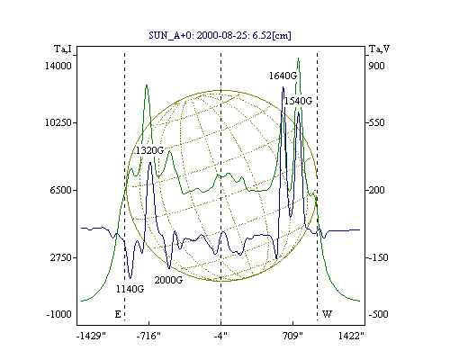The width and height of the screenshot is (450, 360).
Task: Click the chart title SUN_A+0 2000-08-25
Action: pos(220,35)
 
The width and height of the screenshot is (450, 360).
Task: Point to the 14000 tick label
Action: pos(58,66)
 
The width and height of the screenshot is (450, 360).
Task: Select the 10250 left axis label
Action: pos(58,122)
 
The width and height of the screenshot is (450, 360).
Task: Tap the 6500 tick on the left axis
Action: pos(61,190)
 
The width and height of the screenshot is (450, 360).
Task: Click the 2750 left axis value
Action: pos(61,257)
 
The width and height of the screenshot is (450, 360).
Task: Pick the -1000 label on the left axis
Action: pos(58,314)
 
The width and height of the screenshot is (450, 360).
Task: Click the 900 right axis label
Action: pos(376,66)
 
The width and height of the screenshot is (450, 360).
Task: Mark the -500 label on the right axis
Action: pos(378,314)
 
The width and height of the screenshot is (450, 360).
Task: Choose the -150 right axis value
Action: pos(378,257)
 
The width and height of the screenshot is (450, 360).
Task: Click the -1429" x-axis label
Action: pos(91,336)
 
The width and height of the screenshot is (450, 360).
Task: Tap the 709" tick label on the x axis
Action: pos(292,336)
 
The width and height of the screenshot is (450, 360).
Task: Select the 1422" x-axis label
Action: pos(351,336)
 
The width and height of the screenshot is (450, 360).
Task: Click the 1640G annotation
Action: pos(283,76)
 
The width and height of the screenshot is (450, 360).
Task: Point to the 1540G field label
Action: pos(298,101)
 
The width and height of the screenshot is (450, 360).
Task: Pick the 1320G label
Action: pos(149,150)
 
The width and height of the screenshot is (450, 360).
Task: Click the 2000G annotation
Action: pos(168,280)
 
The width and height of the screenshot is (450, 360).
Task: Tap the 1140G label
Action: pos(130,289)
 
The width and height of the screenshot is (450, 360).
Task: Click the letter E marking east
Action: pos(118,314)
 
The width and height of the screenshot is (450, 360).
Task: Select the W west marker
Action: pos(327,314)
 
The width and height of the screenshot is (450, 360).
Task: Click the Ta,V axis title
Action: pos(379,49)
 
